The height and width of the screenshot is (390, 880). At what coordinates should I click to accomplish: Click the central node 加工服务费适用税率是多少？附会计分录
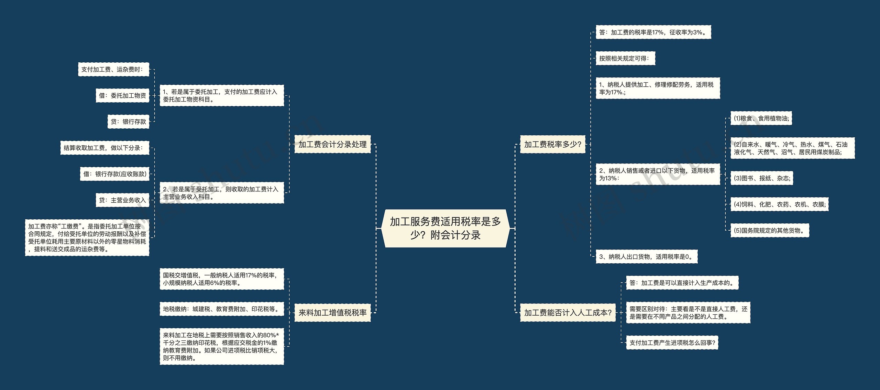click(445, 228)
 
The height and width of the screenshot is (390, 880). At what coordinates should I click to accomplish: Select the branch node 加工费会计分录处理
click(332, 144)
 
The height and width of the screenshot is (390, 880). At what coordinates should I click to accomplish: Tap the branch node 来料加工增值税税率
click(332, 313)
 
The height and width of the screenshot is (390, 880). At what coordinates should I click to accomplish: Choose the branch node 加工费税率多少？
click(552, 144)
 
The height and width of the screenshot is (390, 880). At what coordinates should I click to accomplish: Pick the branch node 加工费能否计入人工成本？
click(568, 313)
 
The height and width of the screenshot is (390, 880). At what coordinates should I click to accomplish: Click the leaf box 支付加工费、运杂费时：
click(113, 70)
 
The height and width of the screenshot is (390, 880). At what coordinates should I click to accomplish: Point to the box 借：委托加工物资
click(122, 96)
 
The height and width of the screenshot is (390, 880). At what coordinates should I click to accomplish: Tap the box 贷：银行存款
click(128, 122)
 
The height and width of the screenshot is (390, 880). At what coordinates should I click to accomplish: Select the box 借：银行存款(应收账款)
click(115, 174)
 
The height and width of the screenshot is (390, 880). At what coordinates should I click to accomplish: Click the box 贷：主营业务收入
click(122, 200)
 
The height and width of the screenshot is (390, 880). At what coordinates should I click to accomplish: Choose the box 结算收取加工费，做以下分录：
click(104, 148)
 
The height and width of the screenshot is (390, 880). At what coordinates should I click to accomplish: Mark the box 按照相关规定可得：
click(625, 59)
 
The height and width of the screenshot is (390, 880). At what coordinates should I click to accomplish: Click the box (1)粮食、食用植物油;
click(761, 118)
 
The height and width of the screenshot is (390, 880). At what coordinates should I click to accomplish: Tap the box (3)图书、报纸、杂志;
click(761, 178)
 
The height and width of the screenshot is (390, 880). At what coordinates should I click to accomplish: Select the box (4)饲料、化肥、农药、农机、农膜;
click(779, 204)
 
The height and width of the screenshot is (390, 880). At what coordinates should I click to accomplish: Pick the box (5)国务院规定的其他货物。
click(770, 231)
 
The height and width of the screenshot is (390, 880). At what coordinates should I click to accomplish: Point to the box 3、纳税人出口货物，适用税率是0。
click(646, 257)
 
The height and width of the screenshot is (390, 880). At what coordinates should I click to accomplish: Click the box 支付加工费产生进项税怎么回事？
click(672, 343)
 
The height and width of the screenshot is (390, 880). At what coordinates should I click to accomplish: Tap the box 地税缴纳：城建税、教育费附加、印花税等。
click(222, 309)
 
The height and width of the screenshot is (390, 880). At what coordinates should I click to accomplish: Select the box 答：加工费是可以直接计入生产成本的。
click(682, 283)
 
